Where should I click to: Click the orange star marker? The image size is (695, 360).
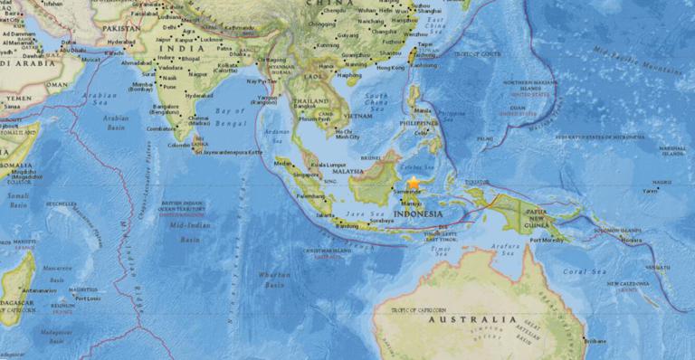coord(414,184)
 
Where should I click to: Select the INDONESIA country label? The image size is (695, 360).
coord(417,214)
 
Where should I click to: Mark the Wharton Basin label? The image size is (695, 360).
coord(274,278)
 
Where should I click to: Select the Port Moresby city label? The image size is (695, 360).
coord(547,240)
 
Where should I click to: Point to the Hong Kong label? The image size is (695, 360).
coord(391,68)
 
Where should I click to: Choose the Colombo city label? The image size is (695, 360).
coord(179,145)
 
